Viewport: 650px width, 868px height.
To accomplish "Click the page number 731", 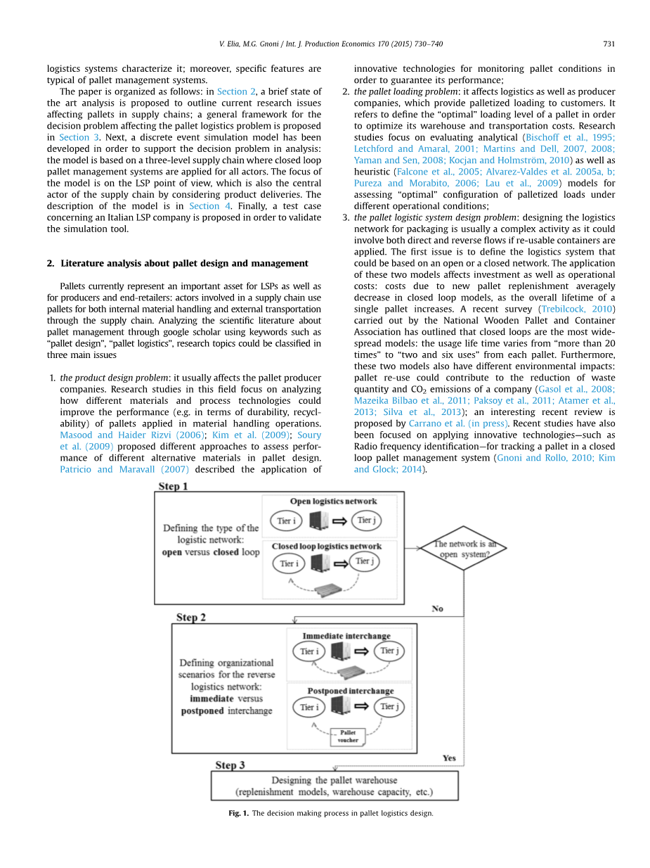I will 609,44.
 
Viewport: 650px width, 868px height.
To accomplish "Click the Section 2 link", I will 232,91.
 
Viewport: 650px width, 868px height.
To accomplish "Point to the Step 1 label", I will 172,486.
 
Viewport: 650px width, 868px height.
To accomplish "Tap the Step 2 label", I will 191,617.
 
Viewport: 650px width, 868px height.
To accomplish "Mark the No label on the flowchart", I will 437,608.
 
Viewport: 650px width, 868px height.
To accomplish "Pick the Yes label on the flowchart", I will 449,758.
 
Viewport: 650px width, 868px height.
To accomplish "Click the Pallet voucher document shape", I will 347,736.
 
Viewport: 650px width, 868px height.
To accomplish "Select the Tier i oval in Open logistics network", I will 286,521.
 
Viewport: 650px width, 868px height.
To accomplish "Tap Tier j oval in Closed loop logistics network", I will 363,561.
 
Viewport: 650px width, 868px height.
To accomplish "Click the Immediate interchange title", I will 346,636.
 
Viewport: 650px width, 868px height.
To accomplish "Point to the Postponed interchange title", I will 350,691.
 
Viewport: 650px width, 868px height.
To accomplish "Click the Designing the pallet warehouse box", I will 334,786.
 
